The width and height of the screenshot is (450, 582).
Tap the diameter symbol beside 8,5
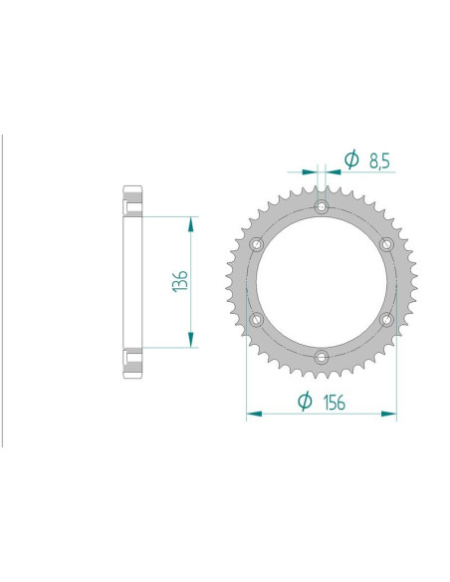click(x=350, y=158)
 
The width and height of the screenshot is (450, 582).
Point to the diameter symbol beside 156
click(x=305, y=400)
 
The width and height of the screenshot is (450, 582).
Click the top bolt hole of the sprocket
click(x=321, y=206)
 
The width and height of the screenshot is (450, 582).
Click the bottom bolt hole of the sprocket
click(x=321, y=356)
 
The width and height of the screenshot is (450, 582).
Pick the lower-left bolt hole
click(x=256, y=319)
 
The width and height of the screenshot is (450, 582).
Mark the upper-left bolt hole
click(x=256, y=244)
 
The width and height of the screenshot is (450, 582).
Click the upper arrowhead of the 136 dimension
click(x=190, y=222)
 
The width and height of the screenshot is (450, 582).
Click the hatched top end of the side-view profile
click(x=132, y=198)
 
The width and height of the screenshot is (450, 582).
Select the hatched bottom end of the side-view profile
click(x=132, y=364)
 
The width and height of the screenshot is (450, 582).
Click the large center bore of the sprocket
click(x=321, y=281)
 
